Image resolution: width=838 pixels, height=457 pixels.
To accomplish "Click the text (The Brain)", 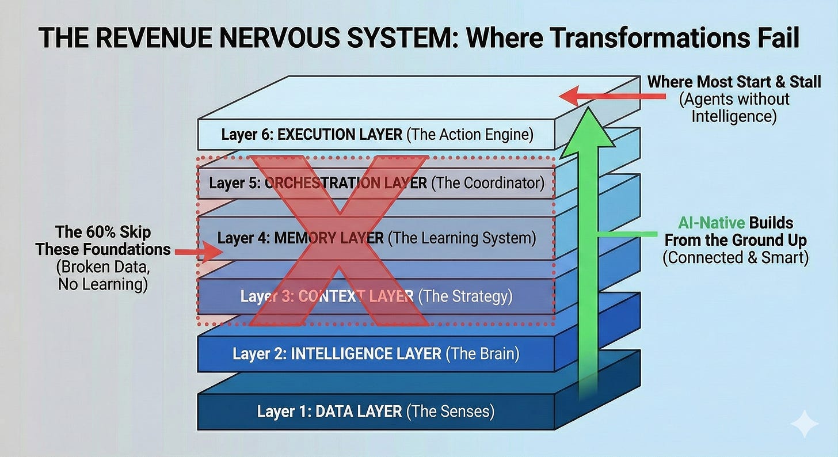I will pos(482,353).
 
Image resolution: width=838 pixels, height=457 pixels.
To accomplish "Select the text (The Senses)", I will pos(450,411).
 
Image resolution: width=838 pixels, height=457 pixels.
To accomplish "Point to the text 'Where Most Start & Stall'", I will pos(734,82).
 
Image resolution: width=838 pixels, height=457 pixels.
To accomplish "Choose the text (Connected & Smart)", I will pos(735,257).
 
